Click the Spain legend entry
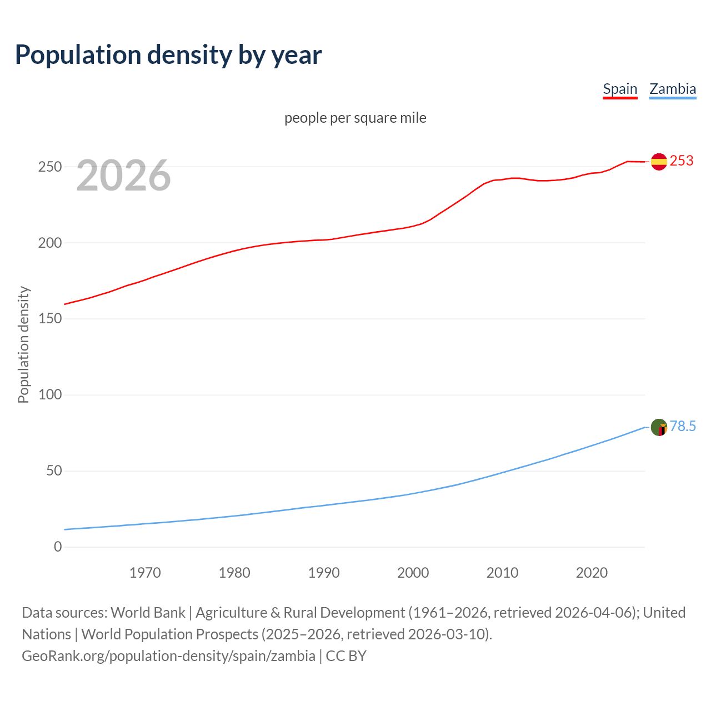[x=620, y=89]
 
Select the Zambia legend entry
[x=672, y=89]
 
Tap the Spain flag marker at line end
[x=659, y=162]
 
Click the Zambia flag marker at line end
[x=659, y=427]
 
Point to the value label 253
[x=682, y=161]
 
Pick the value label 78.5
[x=683, y=426]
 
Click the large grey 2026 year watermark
[x=123, y=176]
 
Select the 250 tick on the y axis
[x=50, y=167]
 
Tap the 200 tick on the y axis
[x=50, y=243]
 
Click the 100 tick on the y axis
[x=50, y=395]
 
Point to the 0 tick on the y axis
[x=58, y=547]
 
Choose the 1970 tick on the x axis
[x=145, y=573]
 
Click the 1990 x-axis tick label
[x=324, y=573]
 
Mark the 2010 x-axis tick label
[x=502, y=573]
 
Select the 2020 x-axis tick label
[x=592, y=573]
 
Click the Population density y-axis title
[x=23, y=344]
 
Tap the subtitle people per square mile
[x=355, y=118]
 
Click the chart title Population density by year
[x=168, y=54]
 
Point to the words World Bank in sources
[x=148, y=613]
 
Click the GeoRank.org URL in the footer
[x=168, y=656]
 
